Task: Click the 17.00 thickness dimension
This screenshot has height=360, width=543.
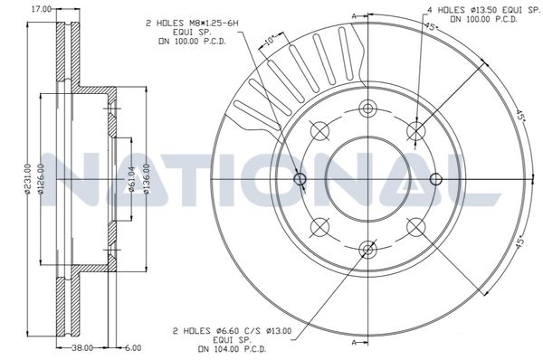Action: click(x=42, y=9)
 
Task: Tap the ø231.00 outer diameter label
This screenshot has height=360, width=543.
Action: click(x=27, y=179)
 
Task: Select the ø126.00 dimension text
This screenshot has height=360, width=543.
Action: click(x=42, y=179)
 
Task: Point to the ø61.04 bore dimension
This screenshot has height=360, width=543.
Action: click(x=131, y=179)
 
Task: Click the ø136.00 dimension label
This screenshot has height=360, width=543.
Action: click(x=146, y=179)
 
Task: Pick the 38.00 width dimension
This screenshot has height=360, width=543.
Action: click(x=82, y=347)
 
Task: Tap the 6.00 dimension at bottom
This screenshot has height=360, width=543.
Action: click(x=133, y=347)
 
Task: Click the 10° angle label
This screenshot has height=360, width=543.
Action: click(x=270, y=40)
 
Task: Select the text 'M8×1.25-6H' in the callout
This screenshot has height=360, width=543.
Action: click(x=214, y=24)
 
